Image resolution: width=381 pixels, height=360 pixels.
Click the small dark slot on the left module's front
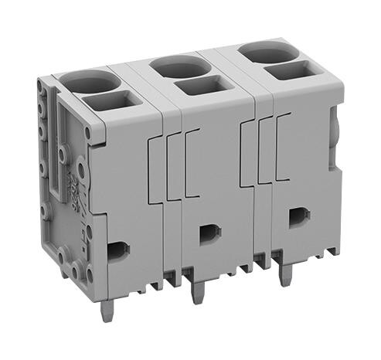117,250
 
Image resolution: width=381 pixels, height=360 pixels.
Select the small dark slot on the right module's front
296,218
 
